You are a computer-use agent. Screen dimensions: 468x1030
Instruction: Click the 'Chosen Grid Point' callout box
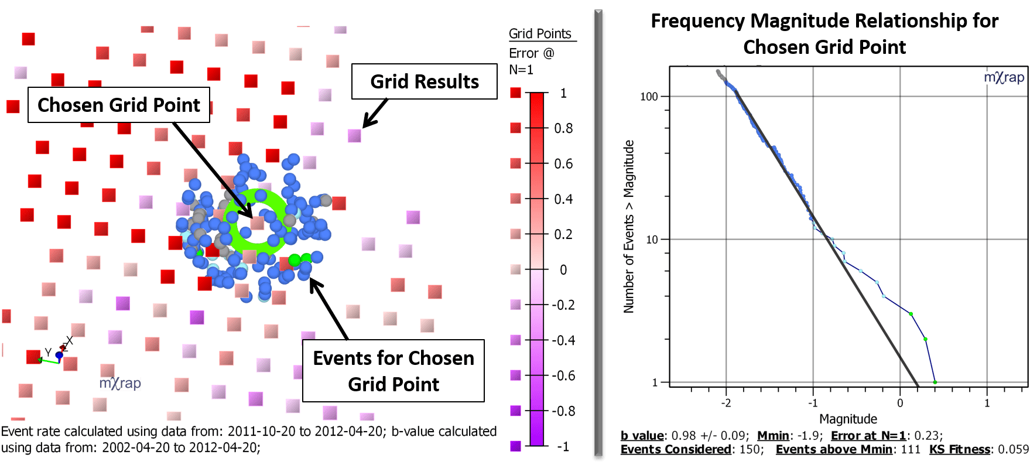[119, 105]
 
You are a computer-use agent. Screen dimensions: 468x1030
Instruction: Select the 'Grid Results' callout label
[425, 81]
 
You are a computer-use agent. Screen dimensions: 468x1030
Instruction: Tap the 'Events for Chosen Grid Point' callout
[393, 371]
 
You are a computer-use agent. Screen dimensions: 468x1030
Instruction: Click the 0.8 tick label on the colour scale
[563, 128]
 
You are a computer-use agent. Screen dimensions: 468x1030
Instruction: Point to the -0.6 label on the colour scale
[562, 375]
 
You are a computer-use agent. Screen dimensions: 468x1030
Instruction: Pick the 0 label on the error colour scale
[563, 270]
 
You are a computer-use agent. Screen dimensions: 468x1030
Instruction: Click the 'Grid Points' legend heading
[540, 34]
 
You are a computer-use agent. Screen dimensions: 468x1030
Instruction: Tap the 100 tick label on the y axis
[649, 97]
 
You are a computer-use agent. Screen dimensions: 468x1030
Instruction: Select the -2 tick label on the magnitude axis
[726, 403]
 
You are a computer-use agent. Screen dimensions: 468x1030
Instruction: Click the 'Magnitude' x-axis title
[848, 419]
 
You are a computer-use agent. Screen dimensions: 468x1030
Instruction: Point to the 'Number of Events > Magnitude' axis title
[629, 226]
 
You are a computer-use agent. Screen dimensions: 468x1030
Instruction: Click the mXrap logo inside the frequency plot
[1004, 78]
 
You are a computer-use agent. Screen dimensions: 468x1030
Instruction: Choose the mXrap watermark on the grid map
[120, 384]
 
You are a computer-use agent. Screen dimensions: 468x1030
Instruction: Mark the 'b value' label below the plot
[642, 436]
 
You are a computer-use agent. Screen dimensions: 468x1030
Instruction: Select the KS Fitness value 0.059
[1013, 449]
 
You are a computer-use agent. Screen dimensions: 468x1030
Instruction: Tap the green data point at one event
[935, 382]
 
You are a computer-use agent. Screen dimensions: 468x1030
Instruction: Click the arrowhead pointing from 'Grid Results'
[367, 124]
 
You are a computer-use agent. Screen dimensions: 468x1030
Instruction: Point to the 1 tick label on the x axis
[987, 403]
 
